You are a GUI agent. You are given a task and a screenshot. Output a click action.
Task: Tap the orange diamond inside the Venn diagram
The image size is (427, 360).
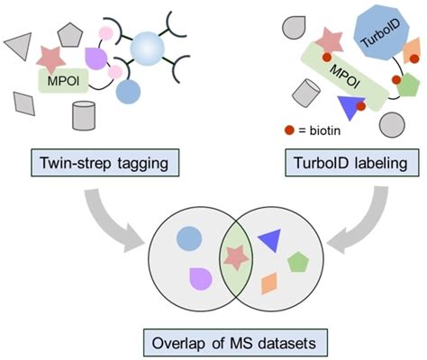tap(267, 285)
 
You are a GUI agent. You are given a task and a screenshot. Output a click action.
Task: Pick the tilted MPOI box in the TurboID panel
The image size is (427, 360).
tap(348, 78)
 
